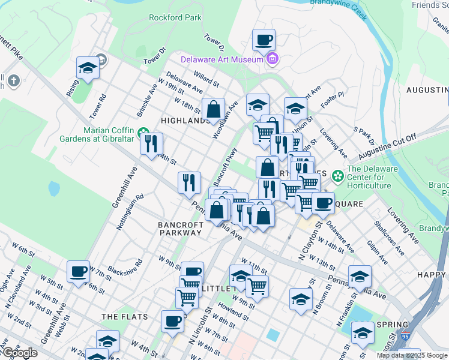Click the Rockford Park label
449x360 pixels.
(175, 18)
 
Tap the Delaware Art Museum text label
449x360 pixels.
(223, 59)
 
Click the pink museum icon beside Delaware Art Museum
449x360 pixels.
(273, 59)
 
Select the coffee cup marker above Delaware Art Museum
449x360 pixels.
(264, 40)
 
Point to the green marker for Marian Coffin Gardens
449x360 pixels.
(143, 133)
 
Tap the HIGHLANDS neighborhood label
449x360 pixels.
(184, 121)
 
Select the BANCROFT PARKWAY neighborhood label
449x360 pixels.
(180, 229)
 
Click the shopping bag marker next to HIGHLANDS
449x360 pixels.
(213, 109)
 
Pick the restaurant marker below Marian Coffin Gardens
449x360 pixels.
(151, 143)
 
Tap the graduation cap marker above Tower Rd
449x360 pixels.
(88, 68)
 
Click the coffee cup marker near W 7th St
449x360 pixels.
(78, 272)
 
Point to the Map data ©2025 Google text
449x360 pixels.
(412, 355)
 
